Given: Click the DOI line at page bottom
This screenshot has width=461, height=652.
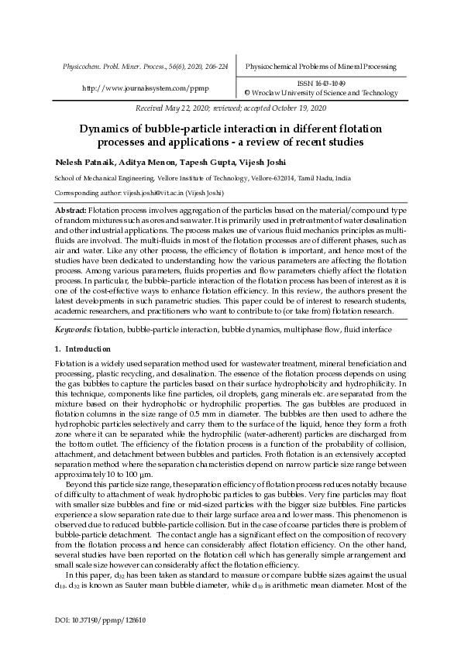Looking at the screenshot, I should [x=101, y=620].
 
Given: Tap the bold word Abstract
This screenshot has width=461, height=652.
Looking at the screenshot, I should [x=71, y=210].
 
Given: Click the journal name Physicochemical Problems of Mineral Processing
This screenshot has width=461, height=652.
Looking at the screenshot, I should [x=321, y=67].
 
